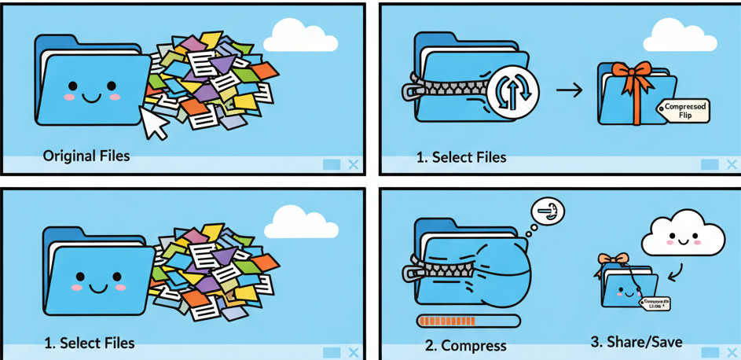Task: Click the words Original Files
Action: [86, 156]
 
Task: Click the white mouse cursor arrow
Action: [153, 123]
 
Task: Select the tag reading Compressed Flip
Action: [685, 111]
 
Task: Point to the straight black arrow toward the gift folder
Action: [569, 90]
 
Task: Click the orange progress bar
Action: [469, 321]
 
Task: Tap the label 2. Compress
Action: [466, 345]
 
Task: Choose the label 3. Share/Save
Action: [636, 342]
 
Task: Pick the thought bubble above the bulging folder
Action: [548, 211]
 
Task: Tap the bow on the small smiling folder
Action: [613, 259]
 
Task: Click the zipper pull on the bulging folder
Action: [413, 274]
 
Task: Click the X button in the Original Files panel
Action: [354, 164]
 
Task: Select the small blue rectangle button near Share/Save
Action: [710, 352]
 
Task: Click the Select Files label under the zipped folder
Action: [461, 157]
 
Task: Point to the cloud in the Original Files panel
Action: [299, 35]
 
